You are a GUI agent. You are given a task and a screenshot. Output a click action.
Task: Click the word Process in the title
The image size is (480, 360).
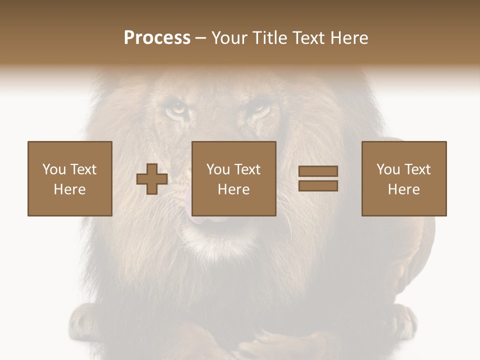[157, 38]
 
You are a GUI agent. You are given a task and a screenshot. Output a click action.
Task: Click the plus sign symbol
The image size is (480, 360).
[152, 179]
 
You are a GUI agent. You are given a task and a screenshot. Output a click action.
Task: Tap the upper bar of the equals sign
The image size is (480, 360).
[318, 171]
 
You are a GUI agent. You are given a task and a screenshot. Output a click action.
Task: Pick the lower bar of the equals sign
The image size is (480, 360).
[318, 186]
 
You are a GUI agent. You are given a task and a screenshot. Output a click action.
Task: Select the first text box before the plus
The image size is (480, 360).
[69, 178]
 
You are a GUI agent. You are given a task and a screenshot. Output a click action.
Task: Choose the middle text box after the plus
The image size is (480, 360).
[233, 178]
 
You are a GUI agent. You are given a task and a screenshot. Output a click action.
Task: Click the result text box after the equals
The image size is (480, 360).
[403, 178]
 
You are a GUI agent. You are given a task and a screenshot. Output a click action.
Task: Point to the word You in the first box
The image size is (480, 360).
[54, 169]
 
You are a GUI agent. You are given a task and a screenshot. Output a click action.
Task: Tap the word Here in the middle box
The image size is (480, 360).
[233, 189]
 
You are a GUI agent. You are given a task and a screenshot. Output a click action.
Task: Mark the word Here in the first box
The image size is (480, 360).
[69, 189]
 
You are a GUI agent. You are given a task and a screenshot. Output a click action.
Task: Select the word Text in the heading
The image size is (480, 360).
[306, 38]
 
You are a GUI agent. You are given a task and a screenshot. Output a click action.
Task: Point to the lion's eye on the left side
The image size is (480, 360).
[175, 107]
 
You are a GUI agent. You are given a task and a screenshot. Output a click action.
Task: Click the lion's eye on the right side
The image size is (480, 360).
[259, 106]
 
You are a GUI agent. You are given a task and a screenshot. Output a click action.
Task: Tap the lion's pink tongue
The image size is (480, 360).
[202, 218]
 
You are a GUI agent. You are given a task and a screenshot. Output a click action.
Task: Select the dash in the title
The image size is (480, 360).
[201, 38]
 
